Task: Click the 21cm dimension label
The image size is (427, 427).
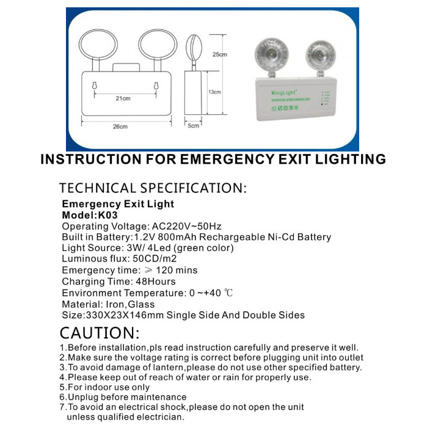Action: click(123, 98)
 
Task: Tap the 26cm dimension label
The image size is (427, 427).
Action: click(120, 126)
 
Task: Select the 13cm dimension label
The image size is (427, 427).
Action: click(214, 92)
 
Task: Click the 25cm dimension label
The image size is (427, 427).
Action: click(219, 54)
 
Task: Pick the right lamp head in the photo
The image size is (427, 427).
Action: click(318, 54)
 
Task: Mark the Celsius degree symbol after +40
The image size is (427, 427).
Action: click(228, 293)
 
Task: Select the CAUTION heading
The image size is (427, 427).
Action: click(99, 333)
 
